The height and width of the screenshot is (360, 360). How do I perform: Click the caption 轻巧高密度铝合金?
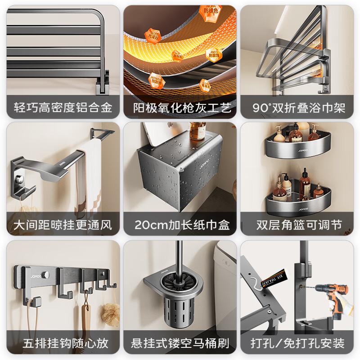[63, 108]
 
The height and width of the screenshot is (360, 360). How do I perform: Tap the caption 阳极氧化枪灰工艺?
[180, 108]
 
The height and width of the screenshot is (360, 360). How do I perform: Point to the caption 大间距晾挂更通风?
[63, 225]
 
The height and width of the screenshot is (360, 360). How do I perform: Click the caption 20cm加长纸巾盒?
[180, 225]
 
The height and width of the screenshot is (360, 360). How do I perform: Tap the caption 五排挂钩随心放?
[63, 343]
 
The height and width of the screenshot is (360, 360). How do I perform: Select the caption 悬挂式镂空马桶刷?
[180, 343]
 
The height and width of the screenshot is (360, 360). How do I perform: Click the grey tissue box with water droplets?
[180, 171]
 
